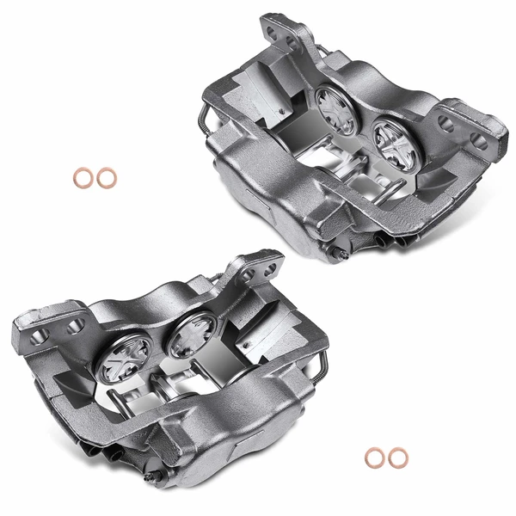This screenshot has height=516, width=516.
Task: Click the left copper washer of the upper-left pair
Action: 83,179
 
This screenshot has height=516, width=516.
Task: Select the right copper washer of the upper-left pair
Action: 106,179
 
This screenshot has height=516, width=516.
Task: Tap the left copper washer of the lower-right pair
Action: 374,458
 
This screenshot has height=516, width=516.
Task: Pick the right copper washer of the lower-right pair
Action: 396,458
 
